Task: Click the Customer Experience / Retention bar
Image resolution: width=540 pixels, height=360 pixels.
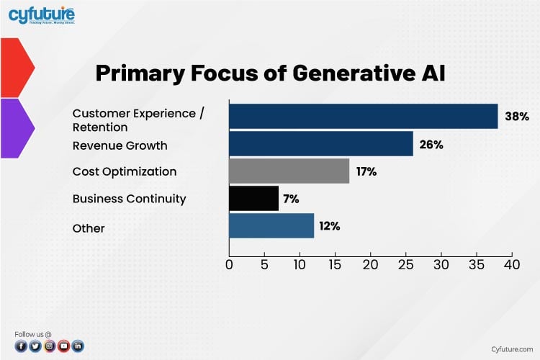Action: click(363, 117)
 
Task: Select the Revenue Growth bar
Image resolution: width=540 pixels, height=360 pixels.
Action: click(320, 144)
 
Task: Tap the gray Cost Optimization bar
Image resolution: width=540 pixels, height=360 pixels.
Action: click(289, 171)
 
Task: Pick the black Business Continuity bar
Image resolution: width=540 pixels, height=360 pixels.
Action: click(253, 199)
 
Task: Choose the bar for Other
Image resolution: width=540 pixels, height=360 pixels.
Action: click(271, 226)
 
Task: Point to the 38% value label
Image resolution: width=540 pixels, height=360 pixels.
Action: click(517, 117)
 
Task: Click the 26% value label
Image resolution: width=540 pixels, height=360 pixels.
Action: click(431, 145)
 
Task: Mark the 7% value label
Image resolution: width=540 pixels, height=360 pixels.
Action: click(291, 199)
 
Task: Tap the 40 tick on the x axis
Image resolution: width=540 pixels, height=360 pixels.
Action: click(511, 265)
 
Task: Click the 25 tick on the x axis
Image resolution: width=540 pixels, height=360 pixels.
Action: click(405, 265)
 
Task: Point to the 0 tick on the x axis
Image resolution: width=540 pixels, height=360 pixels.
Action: click(229, 265)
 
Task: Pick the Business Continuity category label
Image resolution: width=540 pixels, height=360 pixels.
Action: click(130, 199)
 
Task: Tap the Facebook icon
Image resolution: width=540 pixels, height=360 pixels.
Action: click(21, 346)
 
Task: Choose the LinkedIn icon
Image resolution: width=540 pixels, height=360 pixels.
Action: click(78, 346)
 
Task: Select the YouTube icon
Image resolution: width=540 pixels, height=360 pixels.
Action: click(63, 346)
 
